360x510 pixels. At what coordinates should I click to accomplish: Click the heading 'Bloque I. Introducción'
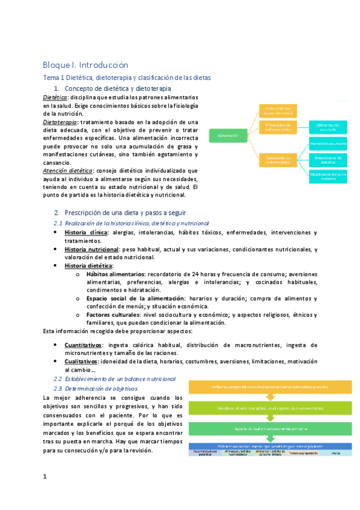pyautogui.click(x=85, y=64)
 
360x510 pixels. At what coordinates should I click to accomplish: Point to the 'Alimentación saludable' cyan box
pyautogui.click(x=328, y=127)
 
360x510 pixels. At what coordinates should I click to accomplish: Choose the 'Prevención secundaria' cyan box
pyautogui.click(x=328, y=144)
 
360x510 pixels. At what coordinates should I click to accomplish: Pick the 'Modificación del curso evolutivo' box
pyautogui.click(x=328, y=175)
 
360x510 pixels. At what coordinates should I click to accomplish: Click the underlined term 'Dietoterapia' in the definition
pyautogui.click(x=59, y=121)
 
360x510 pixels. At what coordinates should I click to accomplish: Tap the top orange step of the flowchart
pyautogui.click(x=270, y=387)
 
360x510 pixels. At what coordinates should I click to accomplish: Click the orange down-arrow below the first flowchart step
pyautogui.click(x=270, y=397)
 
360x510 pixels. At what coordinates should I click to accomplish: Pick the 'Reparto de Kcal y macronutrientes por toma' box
pyautogui.click(x=270, y=428)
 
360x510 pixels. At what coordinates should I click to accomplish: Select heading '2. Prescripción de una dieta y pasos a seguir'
pyautogui.click(x=123, y=213)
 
